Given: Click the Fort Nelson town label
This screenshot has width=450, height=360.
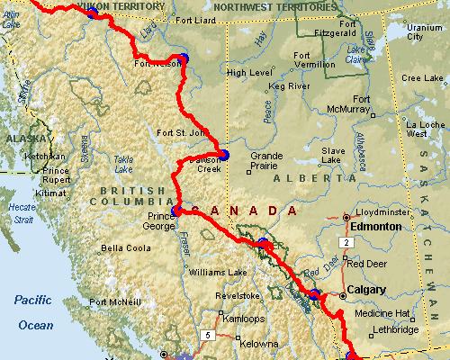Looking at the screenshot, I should coord(151,64).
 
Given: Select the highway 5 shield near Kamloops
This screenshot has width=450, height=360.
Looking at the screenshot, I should coord(209,335).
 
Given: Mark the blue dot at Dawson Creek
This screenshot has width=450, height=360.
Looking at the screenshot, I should coord(224,155).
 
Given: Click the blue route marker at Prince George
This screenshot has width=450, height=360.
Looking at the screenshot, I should coord(176,211).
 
